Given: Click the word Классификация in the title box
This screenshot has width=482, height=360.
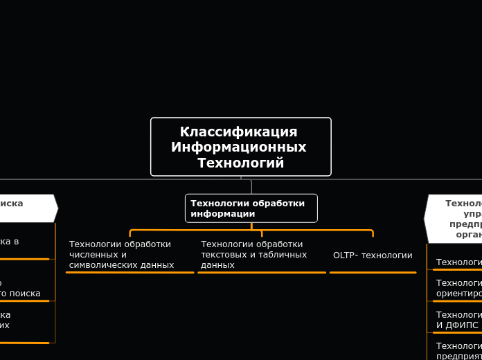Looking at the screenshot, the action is [238, 132].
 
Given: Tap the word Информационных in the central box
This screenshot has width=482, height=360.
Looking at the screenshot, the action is [238, 147].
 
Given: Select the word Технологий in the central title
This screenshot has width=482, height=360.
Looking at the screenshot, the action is [240, 163].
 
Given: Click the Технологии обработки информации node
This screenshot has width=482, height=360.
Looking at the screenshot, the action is [251, 208].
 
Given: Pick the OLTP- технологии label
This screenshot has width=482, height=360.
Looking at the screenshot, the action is [373, 255].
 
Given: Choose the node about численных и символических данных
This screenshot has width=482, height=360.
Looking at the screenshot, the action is [121, 254].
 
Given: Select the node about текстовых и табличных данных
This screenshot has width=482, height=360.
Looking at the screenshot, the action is [253, 254].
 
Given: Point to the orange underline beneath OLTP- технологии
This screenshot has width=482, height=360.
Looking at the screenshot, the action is [373, 273].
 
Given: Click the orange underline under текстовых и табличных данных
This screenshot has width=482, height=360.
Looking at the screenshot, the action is [261, 273].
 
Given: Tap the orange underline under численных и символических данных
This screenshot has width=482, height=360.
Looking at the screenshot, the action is [130, 273].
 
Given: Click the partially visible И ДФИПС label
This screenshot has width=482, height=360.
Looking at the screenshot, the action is [457, 325].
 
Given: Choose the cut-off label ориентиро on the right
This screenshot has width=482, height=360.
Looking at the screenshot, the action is [458, 293].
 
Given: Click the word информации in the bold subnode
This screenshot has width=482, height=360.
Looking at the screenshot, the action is [223, 214].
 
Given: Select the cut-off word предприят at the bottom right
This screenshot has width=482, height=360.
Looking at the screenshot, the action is [458, 355].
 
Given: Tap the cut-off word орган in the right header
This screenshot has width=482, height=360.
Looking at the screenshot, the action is [468, 235].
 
